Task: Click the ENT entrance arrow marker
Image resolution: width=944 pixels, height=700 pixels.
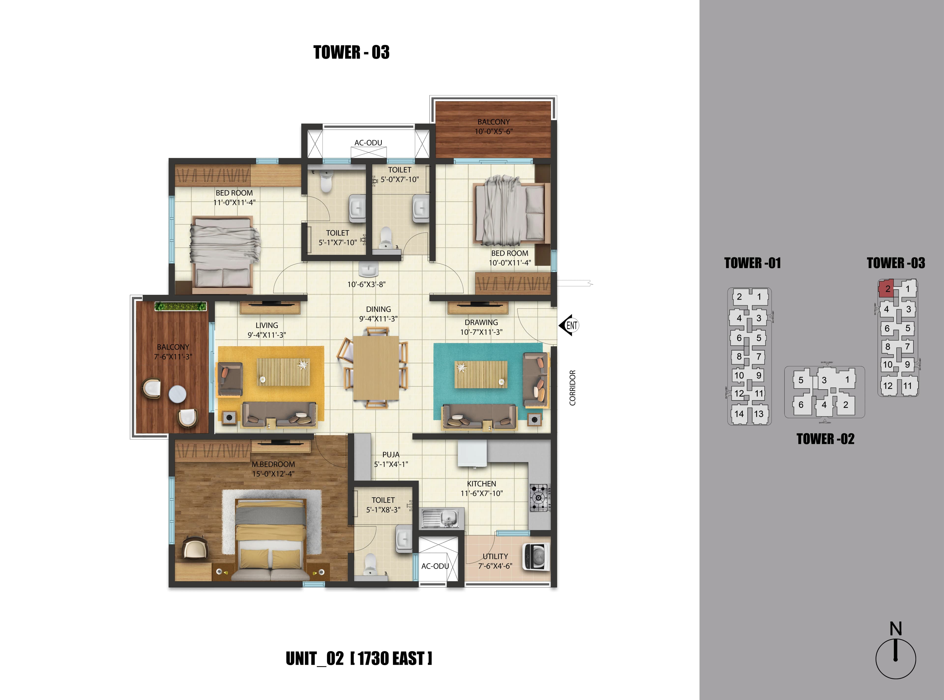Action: point(569,325)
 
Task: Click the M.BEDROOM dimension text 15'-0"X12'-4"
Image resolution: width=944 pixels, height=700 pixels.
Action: point(273,474)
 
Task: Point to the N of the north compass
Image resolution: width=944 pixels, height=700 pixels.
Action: point(895,628)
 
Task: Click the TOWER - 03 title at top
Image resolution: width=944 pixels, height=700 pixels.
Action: point(351,52)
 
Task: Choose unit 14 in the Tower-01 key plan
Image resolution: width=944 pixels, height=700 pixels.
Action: point(739,414)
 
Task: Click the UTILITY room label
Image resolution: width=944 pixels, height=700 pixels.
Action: point(495,556)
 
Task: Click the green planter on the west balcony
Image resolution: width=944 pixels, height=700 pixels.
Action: point(180,306)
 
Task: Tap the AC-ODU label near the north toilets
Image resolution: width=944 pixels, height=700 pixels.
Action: point(368,143)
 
